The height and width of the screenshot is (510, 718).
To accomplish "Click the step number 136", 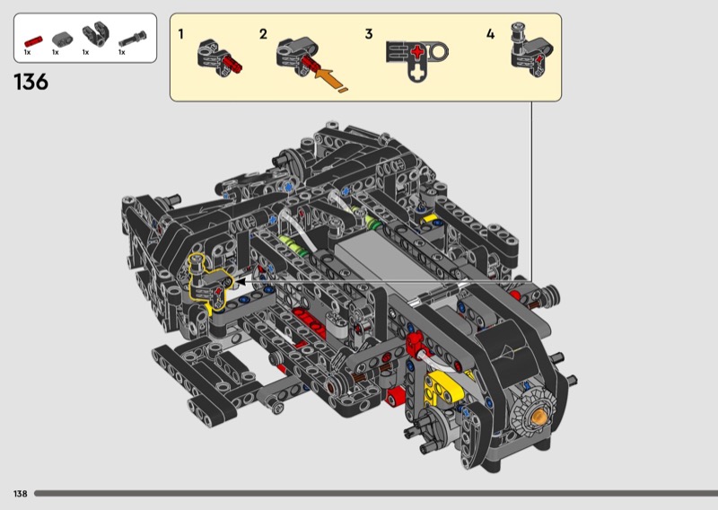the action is [x=31, y=82].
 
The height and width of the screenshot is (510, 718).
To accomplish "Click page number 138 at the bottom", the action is [x=20, y=494].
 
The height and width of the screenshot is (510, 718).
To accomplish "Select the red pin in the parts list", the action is [x=33, y=41].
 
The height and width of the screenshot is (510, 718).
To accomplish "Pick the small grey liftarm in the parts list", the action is [x=62, y=39].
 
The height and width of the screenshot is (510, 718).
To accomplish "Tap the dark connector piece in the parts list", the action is [x=96, y=33].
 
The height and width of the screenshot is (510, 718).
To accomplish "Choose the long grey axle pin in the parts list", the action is [x=133, y=39].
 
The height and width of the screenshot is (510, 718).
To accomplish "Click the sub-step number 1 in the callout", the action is [x=181, y=34].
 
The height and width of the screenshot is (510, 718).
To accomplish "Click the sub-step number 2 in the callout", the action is [x=263, y=34].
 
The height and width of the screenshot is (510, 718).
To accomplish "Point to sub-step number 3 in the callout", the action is [x=369, y=34].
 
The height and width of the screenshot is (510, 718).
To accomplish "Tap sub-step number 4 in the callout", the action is [x=490, y=34].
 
